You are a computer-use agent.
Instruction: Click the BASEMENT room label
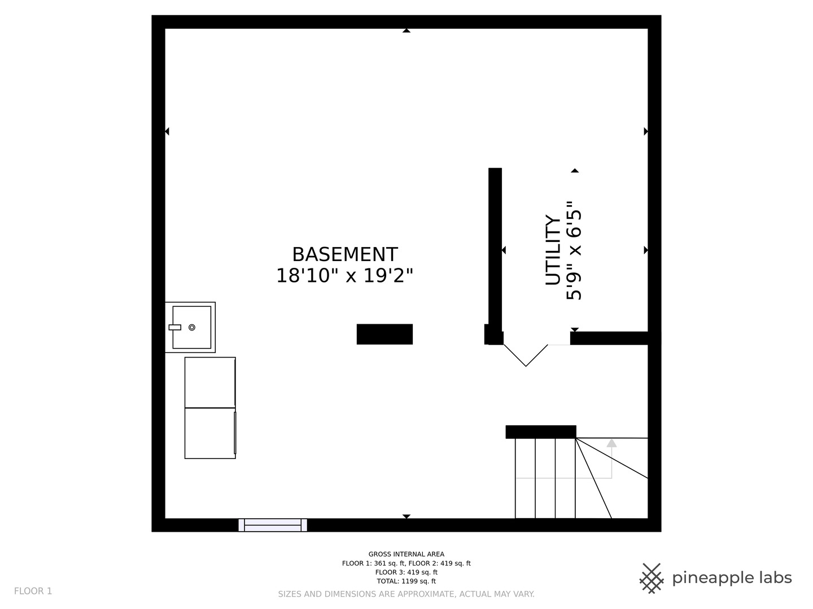(x=344, y=254)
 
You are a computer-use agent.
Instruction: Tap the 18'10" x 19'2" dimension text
(x=344, y=276)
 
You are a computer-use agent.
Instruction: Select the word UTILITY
(x=553, y=250)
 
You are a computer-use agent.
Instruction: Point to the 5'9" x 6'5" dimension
(x=574, y=250)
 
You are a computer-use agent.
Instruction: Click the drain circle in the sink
(x=192, y=327)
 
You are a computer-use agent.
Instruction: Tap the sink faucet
(x=174, y=327)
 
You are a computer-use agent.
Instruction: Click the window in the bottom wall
(x=273, y=525)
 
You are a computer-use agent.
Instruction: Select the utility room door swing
(x=526, y=355)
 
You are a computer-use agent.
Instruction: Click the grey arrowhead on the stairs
(x=611, y=443)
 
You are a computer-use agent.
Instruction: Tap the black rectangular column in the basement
(x=384, y=334)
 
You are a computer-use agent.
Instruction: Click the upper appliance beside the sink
(x=210, y=382)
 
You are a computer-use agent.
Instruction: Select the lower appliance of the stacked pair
(x=210, y=433)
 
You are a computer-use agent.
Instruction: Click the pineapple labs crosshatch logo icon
(x=652, y=578)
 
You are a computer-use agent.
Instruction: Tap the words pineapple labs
(x=732, y=578)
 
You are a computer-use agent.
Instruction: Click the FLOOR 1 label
(x=33, y=591)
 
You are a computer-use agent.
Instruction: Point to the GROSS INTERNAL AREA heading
(x=406, y=554)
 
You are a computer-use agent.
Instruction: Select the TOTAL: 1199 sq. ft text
(x=406, y=581)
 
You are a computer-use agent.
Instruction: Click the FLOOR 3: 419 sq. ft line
(x=406, y=572)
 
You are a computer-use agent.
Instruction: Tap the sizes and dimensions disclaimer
(x=406, y=594)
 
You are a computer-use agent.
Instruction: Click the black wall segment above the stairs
(x=540, y=432)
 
